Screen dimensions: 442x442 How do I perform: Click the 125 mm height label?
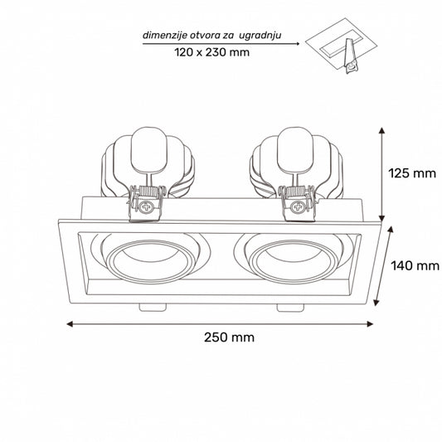[411, 174]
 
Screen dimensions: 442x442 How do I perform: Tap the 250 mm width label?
[228, 338]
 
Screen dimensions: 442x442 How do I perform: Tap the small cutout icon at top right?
[342, 51]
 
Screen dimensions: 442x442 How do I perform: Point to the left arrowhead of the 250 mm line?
[70, 323]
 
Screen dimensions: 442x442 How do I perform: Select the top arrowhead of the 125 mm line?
[382, 130]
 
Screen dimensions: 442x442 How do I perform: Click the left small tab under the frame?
[151, 307]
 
